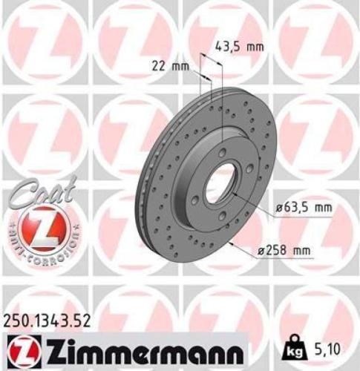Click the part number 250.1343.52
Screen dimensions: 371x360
coord(50,320)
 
